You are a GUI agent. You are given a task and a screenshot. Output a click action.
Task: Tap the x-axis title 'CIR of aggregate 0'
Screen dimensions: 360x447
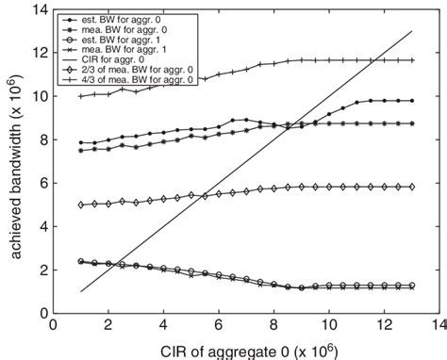(x=236, y=349)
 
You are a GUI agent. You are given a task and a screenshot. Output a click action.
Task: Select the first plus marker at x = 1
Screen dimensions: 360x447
(x=82, y=96)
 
